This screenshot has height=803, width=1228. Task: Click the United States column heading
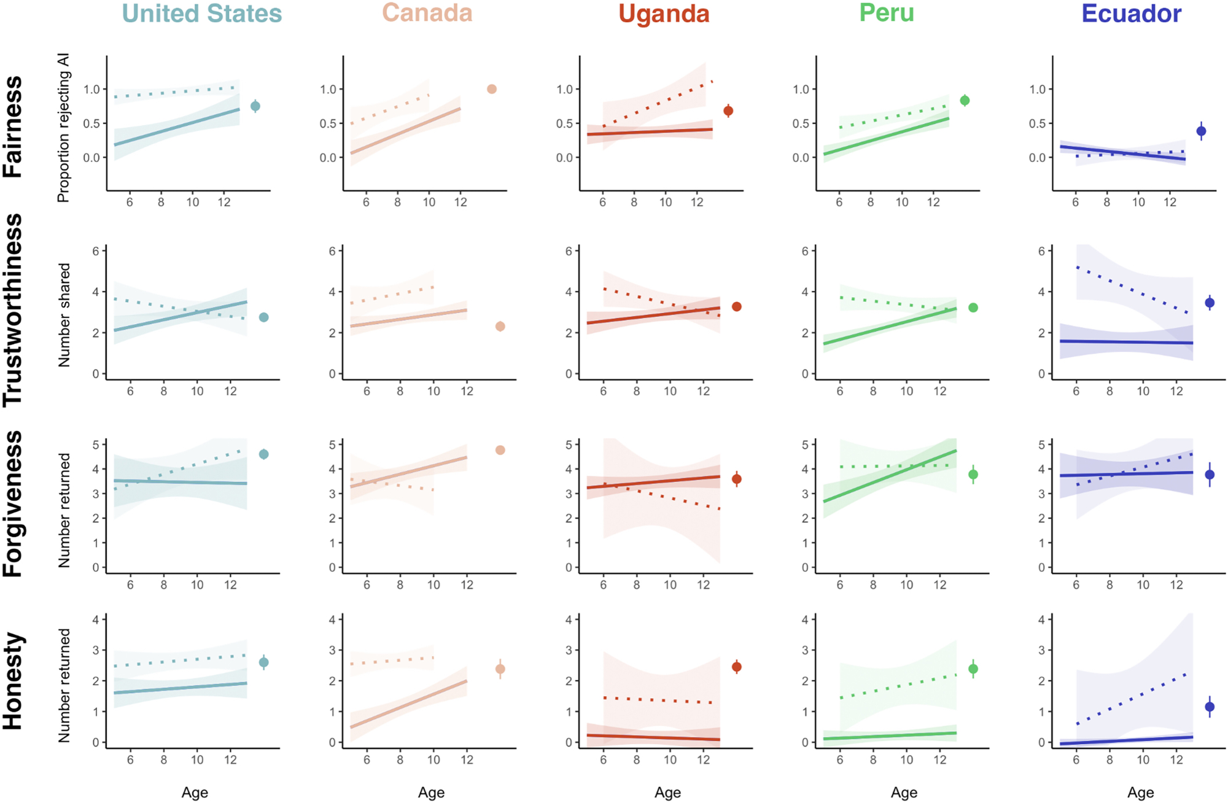[202, 14]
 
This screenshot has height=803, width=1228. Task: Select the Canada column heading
[427, 13]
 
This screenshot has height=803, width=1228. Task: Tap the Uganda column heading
[664, 14]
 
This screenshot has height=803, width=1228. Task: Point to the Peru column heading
[887, 13]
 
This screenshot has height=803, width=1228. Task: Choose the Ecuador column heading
[1131, 14]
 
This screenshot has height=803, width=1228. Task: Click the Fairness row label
[13, 127]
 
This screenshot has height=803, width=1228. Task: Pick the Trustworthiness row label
[13, 310]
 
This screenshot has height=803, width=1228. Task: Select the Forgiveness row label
[13, 503]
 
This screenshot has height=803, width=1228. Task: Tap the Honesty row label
[13, 681]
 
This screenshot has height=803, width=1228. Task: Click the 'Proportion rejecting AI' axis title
[63, 128]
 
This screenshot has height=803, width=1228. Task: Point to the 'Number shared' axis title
[64, 316]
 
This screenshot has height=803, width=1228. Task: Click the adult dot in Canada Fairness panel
[492, 89]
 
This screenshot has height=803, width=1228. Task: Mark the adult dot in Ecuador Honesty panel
[1210, 707]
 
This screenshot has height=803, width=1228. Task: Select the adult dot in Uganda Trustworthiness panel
[737, 306]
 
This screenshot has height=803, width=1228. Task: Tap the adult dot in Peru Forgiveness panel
[973, 475]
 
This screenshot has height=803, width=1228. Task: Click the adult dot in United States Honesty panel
[264, 662]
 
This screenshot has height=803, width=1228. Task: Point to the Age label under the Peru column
[904, 793]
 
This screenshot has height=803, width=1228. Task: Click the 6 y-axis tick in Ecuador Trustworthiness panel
[1041, 251]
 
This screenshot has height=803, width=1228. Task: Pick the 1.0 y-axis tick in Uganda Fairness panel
[564, 90]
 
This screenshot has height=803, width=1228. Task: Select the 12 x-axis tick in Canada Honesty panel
[467, 760]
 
